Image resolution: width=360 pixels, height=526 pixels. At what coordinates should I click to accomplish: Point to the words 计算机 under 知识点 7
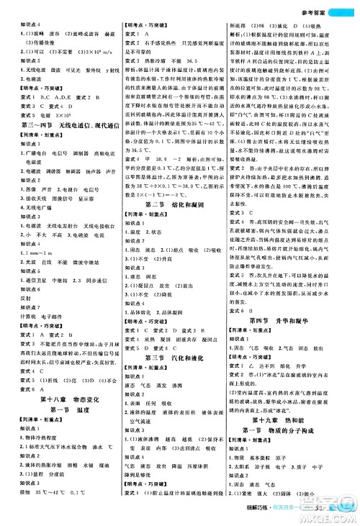point(24,296)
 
